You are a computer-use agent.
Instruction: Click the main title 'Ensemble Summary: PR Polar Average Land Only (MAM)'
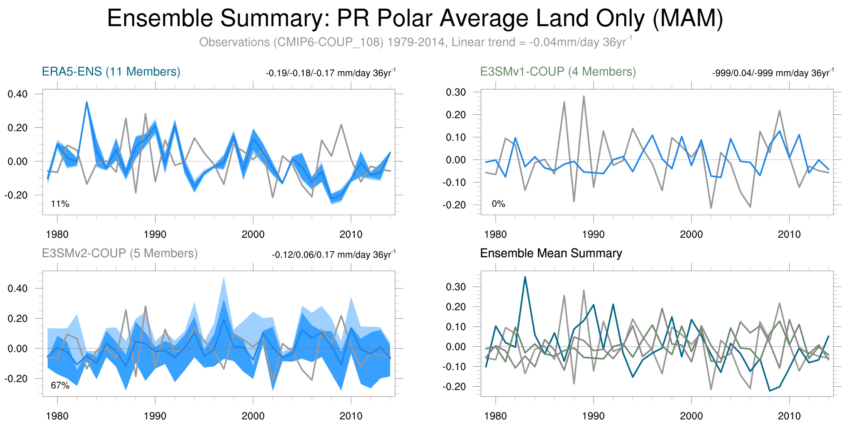pyautogui.click(x=415, y=18)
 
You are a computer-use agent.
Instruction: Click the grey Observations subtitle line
pyautogui.click(x=415, y=42)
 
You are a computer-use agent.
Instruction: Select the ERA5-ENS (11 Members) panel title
pyautogui.click(x=111, y=72)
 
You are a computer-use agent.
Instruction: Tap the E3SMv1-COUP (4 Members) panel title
pyautogui.click(x=558, y=72)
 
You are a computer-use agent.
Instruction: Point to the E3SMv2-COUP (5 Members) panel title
pyautogui.click(x=119, y=253)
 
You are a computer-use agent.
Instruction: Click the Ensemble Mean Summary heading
pyautogui.click(x=551, y=253)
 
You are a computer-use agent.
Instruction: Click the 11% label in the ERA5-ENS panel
pyautogui.click(x=60, y=204)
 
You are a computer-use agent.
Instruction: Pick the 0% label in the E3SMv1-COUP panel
pyautogui.click(x=498, y=204)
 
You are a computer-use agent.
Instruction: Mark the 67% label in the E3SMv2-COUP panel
pyautogui.click(x=60, y=385)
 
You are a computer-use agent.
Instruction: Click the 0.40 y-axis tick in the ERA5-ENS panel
pyautogui.click(x=18, y=94)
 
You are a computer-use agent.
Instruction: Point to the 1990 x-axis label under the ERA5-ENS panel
pyautogui.click(x=155, y=234)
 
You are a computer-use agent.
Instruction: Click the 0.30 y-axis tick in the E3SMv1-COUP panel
pyautogui.click(x=456, y=92)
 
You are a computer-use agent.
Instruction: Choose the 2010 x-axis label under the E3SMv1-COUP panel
pyautogui.click(x=789, y=234)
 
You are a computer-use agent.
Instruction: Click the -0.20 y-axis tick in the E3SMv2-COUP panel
pyautogui.click(x=16, y=378)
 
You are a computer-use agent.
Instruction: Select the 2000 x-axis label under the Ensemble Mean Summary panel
pyautogui.click(x=691, y=416)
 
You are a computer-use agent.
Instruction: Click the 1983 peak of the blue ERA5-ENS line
pyautogui.click(x=87, y=102)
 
